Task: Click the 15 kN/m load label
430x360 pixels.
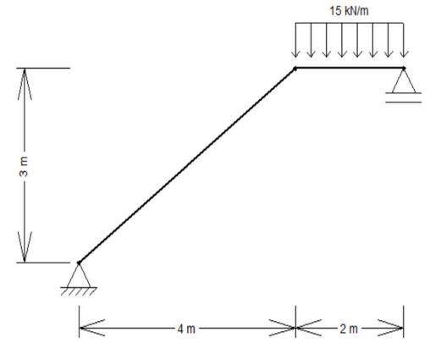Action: tap(349, 11)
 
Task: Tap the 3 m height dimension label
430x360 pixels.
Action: tap(24, 167)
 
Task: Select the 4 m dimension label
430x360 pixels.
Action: tap(186, 329)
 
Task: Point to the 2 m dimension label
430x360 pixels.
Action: tap(349, 329)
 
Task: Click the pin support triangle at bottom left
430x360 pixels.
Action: tap(79, 275)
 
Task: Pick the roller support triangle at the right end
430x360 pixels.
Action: tap(404, 81)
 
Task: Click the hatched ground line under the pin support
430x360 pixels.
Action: tap(79, 291)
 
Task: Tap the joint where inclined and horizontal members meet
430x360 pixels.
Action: tap(295, 69)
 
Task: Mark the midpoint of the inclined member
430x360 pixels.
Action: tap(187, 166)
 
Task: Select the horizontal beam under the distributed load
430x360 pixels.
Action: tap(350, 68)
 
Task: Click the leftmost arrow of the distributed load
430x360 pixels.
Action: tap(295, 40)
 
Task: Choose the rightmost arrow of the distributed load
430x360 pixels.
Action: tap(404, 40)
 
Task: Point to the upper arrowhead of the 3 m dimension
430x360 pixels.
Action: tap(25, 84)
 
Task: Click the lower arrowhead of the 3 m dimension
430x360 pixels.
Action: tap(25, 246)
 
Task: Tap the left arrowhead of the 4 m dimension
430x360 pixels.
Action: tap(92, 328)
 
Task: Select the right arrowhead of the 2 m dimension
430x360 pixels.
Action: tap(390, 328)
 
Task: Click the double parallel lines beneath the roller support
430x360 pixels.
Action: tap(404, 97)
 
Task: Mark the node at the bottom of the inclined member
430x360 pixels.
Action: tap(79, 263)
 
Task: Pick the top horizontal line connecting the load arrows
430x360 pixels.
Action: tap(350, 23)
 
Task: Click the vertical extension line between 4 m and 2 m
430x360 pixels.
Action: tap(295, 321)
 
